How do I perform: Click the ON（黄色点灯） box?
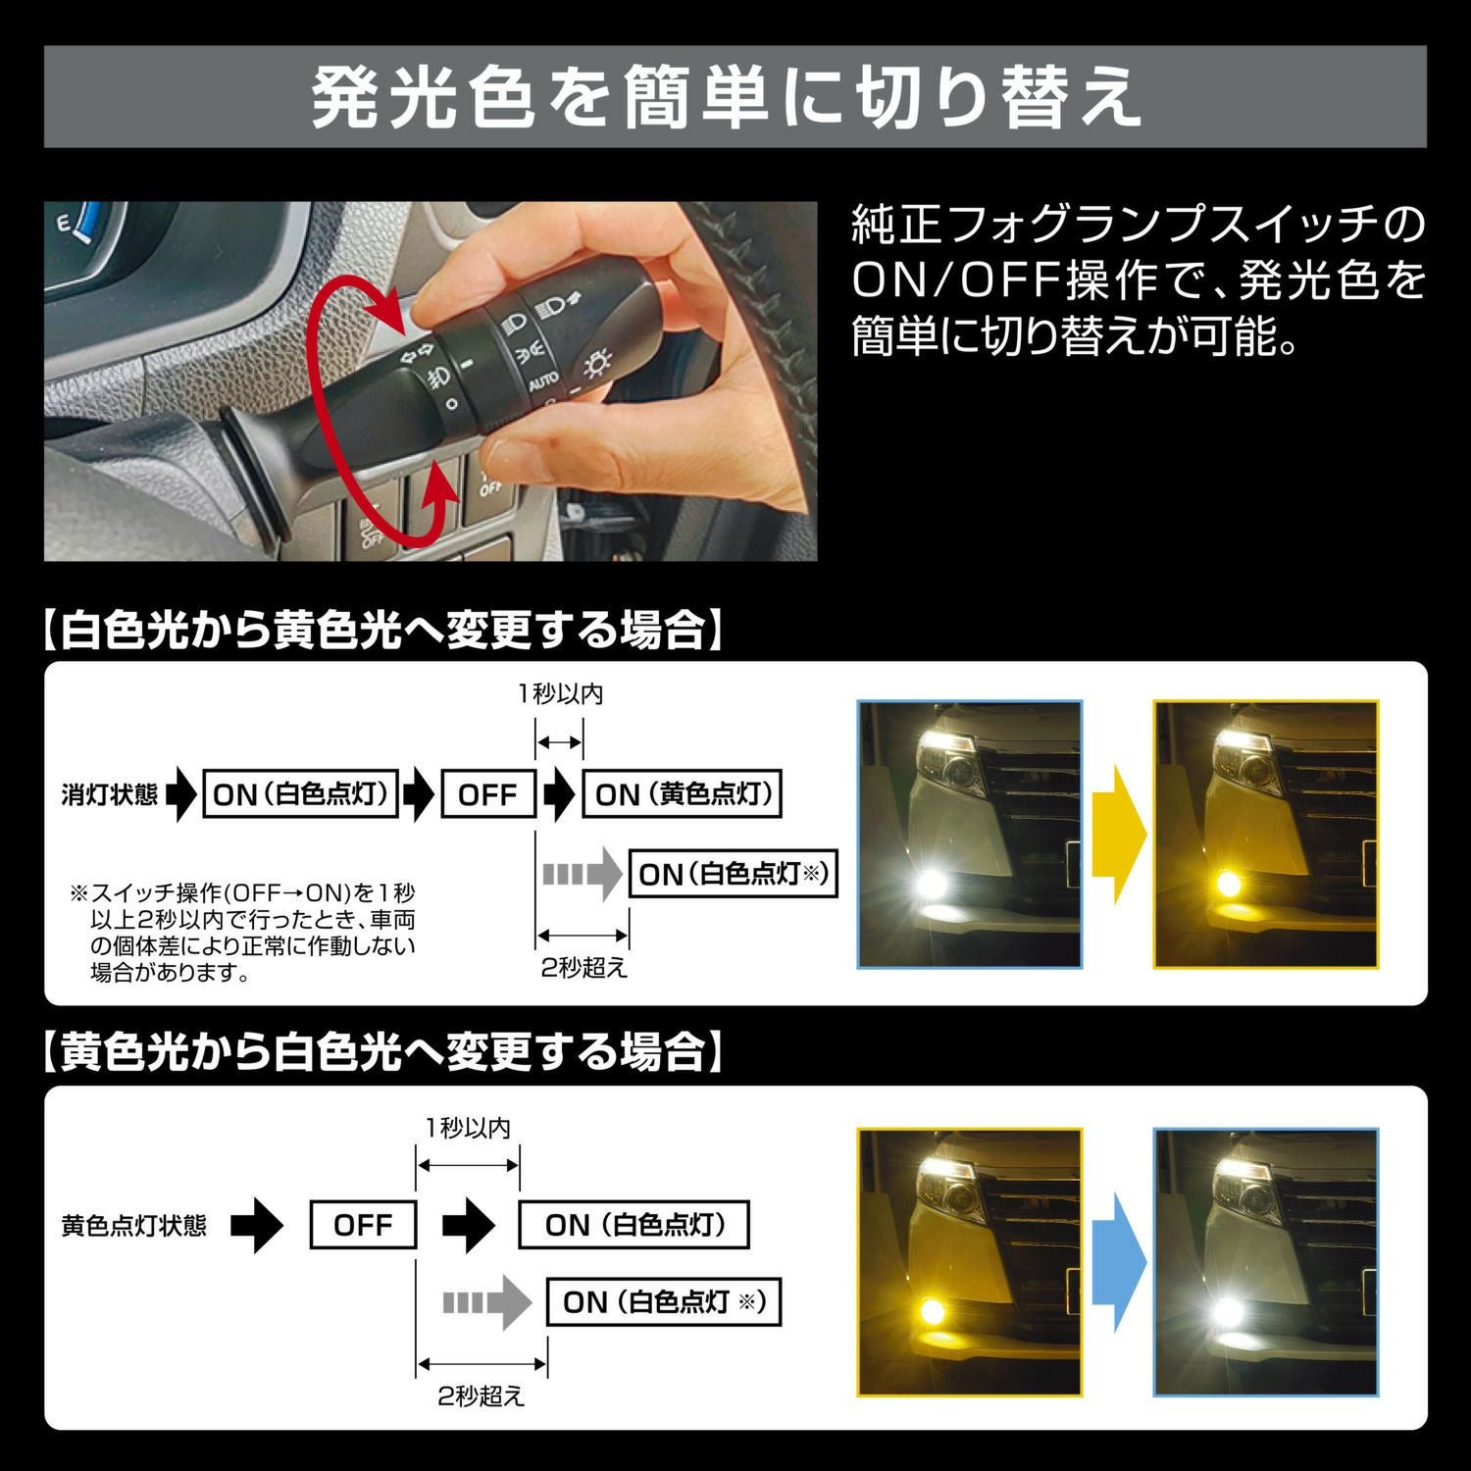(683, 794)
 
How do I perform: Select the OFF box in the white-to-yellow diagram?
(487, 794)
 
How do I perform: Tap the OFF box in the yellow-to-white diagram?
(363, 1225)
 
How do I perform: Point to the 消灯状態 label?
(109, 794)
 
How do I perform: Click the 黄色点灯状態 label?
(134, 1226)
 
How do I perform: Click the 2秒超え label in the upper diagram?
(583, 968)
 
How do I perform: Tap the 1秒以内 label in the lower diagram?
(468, 1128)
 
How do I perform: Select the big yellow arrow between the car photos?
(1118, 834)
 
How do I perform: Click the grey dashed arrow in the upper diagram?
(582, 873)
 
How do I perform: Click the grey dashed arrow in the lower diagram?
(485, 1302)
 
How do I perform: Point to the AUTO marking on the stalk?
(543, 380)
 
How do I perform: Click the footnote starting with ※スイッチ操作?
(245, 933)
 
